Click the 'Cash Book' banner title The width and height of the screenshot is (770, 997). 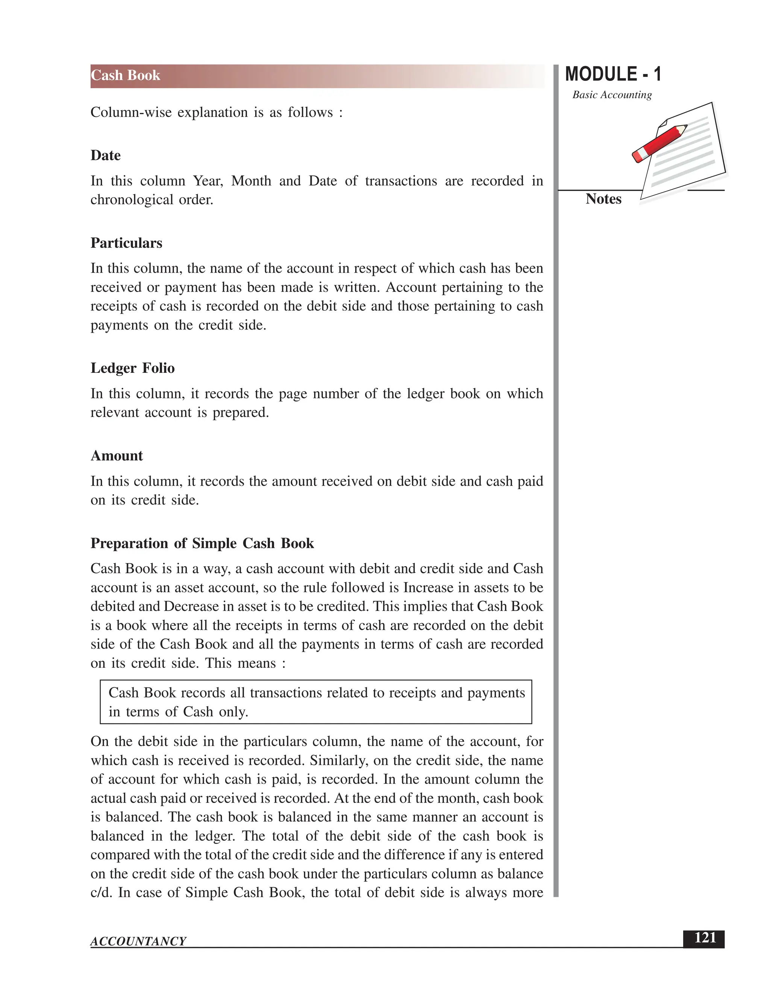pos(126,75)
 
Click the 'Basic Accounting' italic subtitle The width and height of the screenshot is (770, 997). pos(612,95)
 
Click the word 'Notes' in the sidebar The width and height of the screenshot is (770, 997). pos(603,199)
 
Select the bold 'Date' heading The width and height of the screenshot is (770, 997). pos(105,156)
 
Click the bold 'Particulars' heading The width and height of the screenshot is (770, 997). pos(126,243)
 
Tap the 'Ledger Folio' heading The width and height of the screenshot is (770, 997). pos(132,368)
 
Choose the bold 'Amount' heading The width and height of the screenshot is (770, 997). pos(117,456)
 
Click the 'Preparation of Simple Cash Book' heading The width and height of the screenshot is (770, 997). pos(202,544)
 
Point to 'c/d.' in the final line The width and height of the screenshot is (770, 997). pos(101,892)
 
